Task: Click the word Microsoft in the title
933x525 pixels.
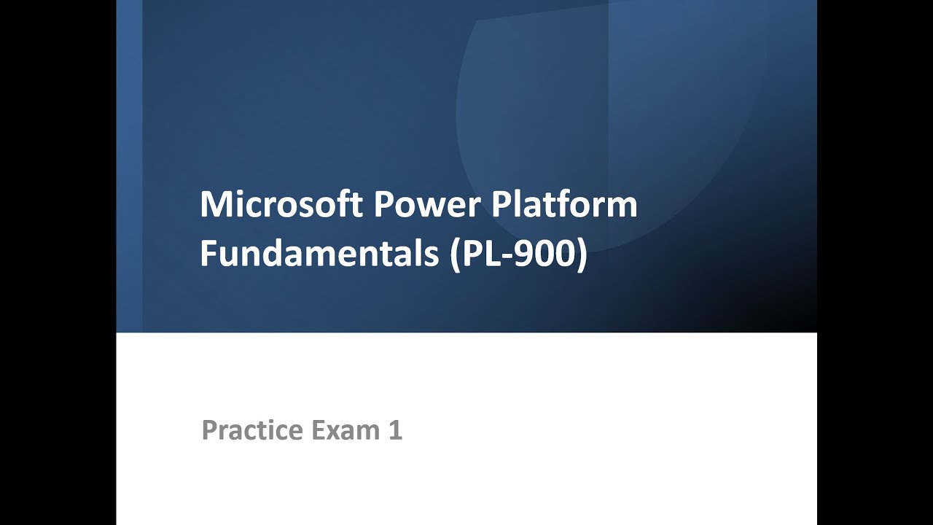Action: (281, 205)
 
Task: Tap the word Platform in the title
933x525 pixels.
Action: (564, 205)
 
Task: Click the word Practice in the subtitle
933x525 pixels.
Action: (252, 430)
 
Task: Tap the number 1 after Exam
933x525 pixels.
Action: (395, 430)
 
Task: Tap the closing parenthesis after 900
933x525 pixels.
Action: (582, 256)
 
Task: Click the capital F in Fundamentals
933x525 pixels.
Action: (208, 254)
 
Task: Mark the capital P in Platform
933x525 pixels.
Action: (499, 205)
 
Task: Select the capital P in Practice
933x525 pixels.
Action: (210, 430)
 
